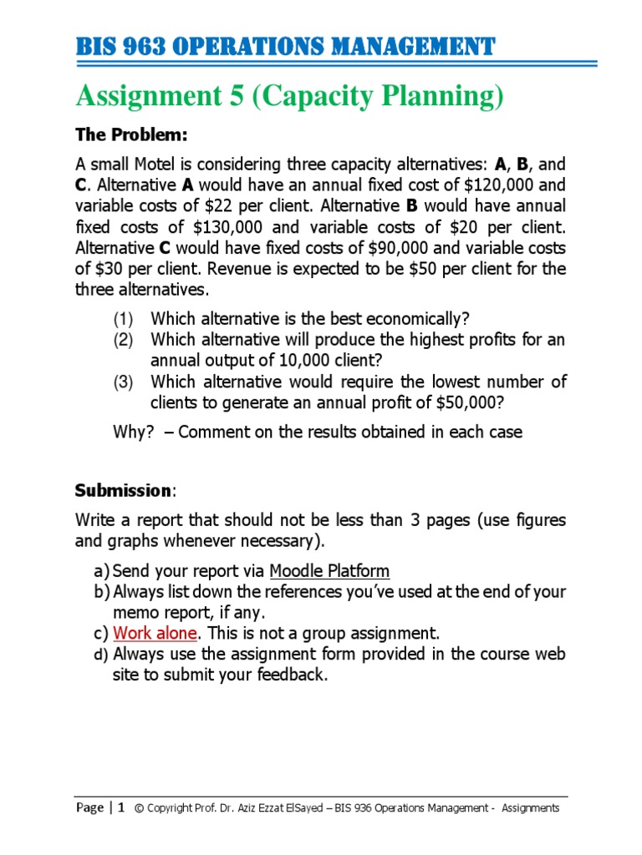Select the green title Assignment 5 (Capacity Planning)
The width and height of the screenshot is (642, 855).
(x=290, y=97)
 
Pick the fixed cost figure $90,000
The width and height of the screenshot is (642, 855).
(x=368, y=248)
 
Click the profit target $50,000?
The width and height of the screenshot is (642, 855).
(x=461, y=402)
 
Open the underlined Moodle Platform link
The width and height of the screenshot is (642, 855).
(x=329, y=571)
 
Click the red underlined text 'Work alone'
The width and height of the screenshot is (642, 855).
(x=155, y=633)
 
